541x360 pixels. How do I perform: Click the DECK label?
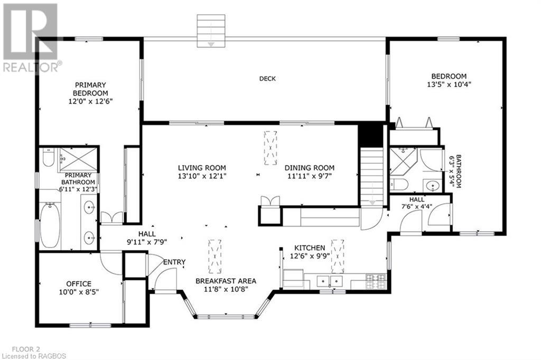[x=267, y=79]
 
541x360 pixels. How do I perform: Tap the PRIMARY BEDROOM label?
[x=90, y=89]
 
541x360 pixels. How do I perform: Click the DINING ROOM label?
[x=309, y=168]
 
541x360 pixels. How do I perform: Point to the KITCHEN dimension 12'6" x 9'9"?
[x=310, y=256]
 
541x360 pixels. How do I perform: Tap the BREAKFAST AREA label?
[x=226, y=281]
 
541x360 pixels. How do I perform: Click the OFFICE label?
[x=79, y=284]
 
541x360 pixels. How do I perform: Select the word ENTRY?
[x=174, y=262]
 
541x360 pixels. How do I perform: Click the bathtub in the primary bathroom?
[x=50, y=224]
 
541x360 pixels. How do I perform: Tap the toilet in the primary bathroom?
[x=48, y=157]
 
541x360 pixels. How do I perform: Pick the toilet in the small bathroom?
[x=399, y=184]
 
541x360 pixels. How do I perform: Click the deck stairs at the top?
[x=211, y=31]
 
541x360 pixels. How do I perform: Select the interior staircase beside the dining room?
[x=372, y=176]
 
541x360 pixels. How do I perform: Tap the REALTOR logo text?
[x=32, y=67]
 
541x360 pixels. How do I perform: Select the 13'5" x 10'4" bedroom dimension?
[x=449, y=84]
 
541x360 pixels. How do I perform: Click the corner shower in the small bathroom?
[x=404, y=162]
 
